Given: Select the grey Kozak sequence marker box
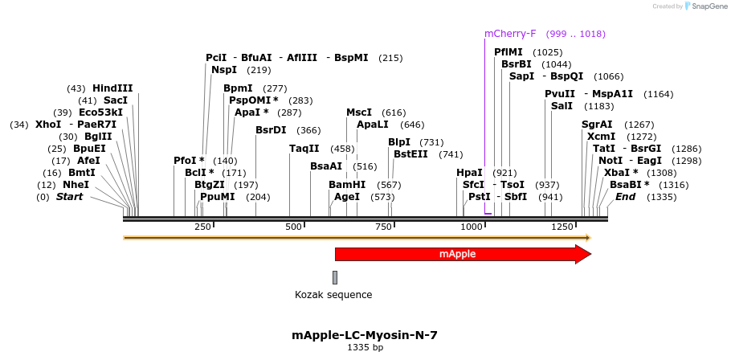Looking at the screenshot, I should [335, 277].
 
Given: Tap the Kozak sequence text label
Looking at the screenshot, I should [333, 295].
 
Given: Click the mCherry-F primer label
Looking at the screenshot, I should [510, 34].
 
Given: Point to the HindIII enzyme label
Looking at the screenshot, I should [112, 88].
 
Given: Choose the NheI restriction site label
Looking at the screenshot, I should [76, 185].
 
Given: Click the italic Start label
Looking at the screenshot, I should [69, 197].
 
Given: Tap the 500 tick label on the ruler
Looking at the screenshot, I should [293, 227].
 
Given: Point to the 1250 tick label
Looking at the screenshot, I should [560, 227].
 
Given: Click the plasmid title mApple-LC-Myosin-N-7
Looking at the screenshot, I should [365, 335].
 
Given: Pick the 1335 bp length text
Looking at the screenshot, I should [365, 348].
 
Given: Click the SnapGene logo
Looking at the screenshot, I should [704, 6].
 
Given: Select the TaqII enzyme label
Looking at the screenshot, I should [304, 149].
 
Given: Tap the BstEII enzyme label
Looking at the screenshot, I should [410, 154].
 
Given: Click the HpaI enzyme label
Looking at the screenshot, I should [469, 173].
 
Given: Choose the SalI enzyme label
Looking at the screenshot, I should [562, 106].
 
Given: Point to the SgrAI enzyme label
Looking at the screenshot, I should [597, 125].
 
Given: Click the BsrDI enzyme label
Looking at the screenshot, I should [271, 130].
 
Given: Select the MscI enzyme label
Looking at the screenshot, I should [359, 112].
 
